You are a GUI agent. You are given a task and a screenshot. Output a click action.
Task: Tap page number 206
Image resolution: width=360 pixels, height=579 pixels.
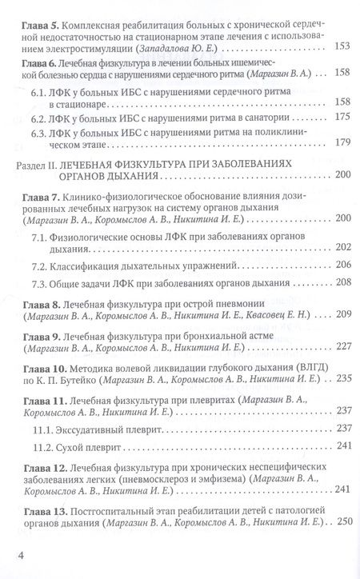[342, 265]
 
